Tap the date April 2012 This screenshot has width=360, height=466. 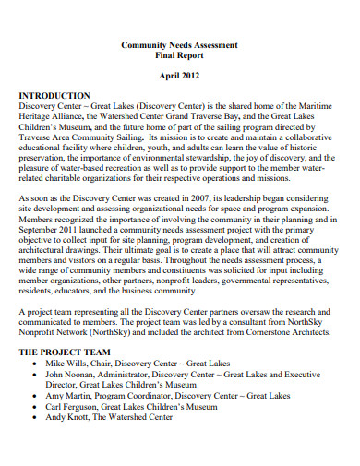180,78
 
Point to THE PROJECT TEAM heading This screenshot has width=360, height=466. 68,352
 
